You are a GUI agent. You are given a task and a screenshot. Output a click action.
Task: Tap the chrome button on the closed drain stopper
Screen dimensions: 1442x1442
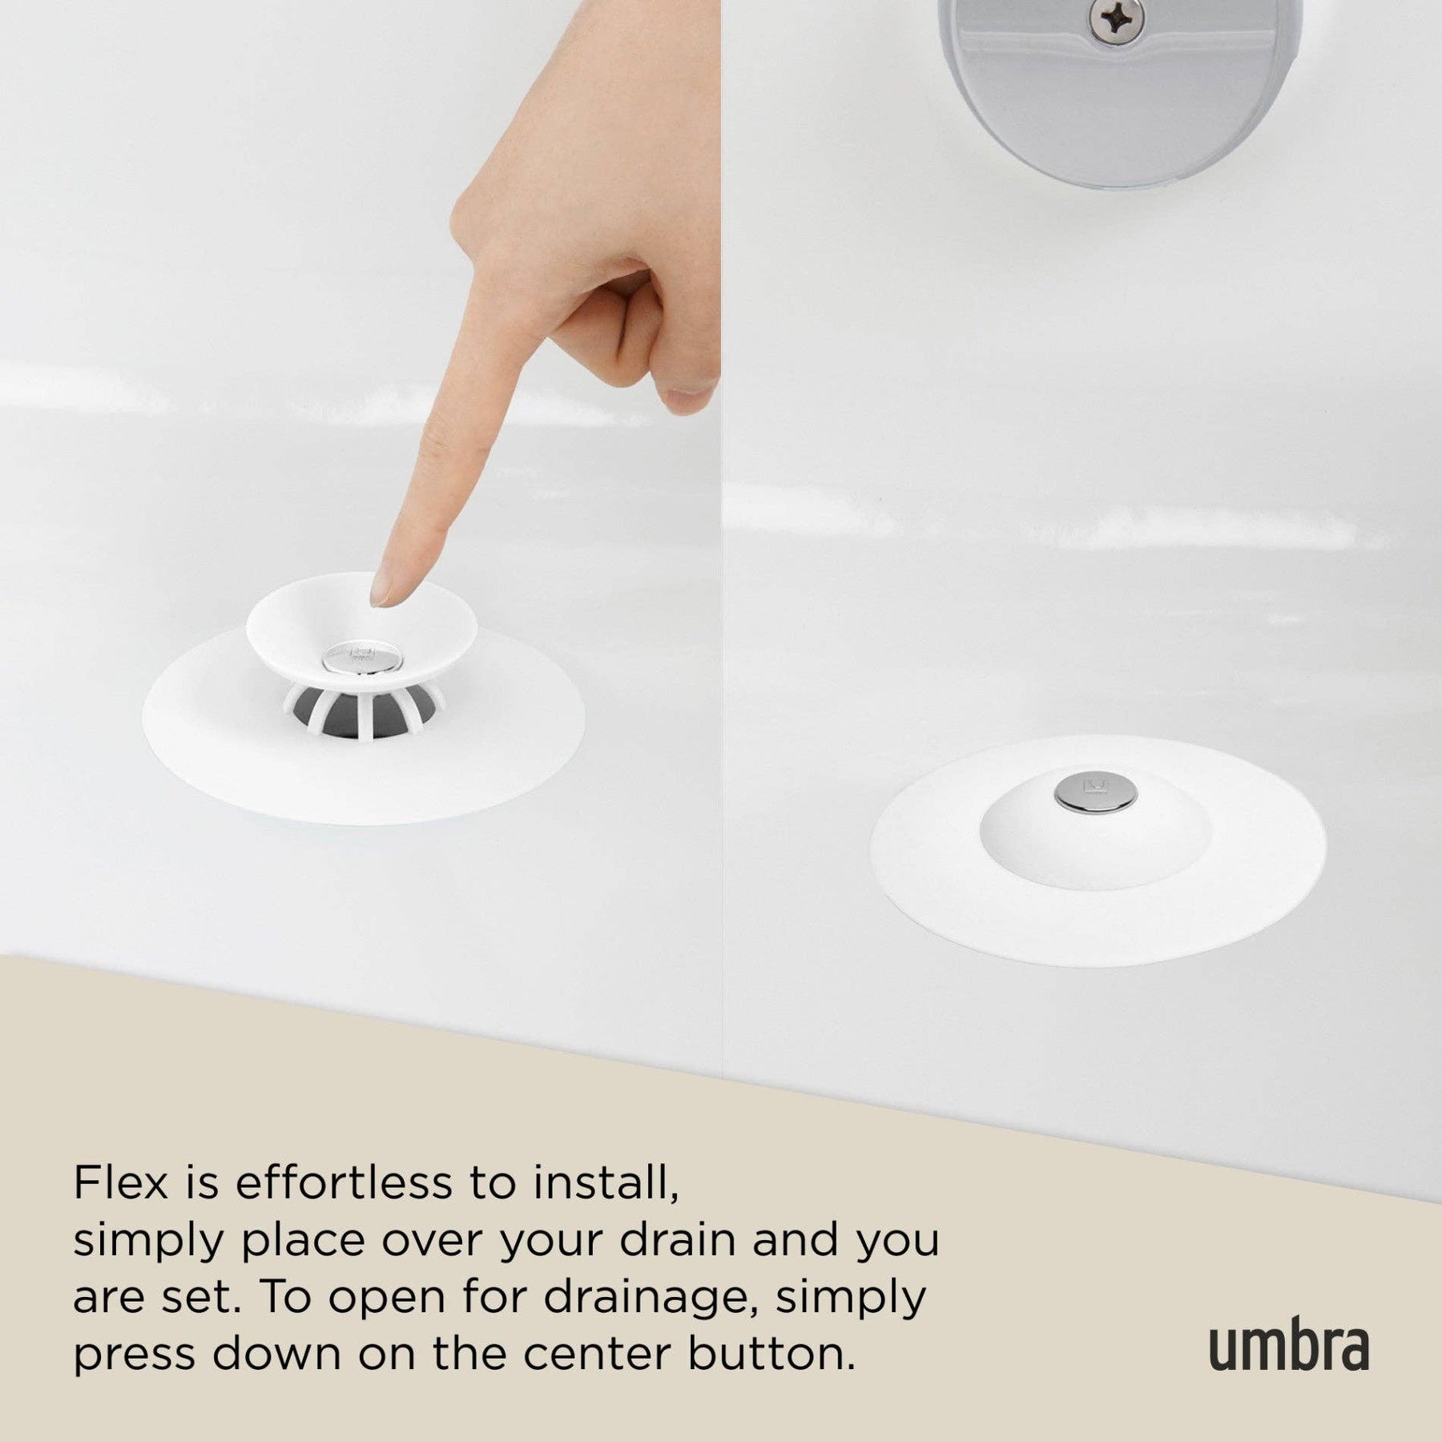click(1096, 790)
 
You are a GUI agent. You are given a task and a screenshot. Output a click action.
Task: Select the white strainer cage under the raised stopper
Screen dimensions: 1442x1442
click(362, 707)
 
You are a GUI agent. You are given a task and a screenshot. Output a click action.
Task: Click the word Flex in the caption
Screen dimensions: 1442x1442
click(122, 1182)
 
